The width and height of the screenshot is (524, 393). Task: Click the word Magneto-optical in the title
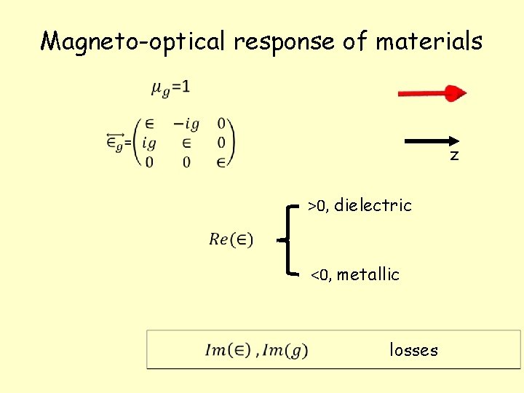click(x=135, y=41)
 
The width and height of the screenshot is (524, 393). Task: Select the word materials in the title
click(x=429, y=41)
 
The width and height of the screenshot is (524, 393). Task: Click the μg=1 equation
click(x=171, y=88)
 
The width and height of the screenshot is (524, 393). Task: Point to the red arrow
click(x=432, y=93)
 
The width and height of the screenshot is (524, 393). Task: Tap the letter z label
click(x=454, y=156)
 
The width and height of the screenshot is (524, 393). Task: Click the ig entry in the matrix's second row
click(x=149, y=143)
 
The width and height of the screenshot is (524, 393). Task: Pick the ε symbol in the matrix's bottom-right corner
click(x=221, y=162)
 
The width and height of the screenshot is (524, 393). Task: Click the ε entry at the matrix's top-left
click(x=149, y=124)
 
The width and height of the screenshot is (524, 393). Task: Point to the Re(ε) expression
click(x=231, y=239)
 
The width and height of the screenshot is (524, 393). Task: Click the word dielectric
click(x=373, y=206)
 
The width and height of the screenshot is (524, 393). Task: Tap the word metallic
click(x=368, y=275)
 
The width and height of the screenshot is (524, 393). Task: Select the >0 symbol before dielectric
click(x=317, y=207)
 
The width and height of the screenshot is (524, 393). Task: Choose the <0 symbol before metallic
click(x=320, y=276)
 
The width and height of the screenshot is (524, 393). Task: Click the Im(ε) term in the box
click(x=228, y=350)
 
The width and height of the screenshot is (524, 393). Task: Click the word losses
click(x=413, y=350)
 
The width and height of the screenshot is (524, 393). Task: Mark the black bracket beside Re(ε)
click(x=291, y=239)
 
